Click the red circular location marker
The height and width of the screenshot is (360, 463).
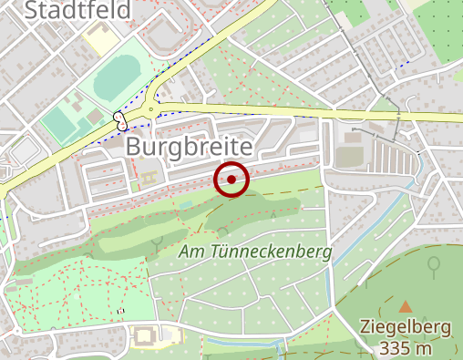tap(231, 180)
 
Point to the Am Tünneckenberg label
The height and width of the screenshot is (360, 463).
tap(254, 251)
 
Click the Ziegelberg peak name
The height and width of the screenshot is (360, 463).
tap(407, 327)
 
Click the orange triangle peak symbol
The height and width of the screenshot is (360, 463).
tap(405, 306)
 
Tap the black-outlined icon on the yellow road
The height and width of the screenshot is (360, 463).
tap(119, 118)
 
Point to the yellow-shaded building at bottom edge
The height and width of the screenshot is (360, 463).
tap(146, 335)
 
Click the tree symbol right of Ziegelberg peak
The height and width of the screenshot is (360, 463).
tap(434, 265)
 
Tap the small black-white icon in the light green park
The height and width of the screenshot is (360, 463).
tap(120, 312)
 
